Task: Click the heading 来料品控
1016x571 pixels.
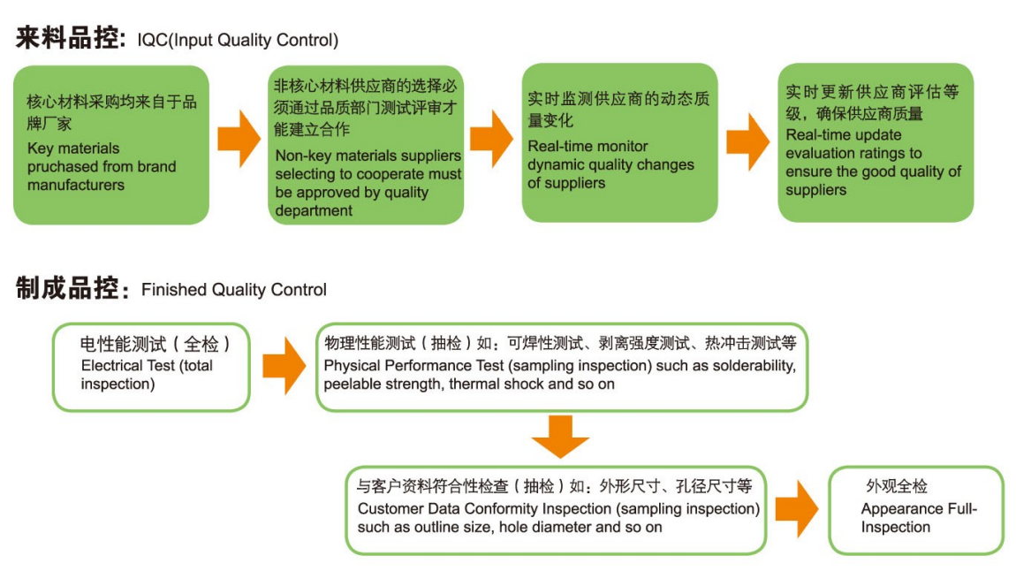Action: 69,39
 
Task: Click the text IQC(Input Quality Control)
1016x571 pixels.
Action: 238,41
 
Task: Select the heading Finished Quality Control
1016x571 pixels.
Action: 234,290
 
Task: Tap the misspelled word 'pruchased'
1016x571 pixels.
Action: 59,166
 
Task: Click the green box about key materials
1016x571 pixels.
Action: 111,144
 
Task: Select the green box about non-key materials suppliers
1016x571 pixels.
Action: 366,144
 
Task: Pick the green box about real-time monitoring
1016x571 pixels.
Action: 619,142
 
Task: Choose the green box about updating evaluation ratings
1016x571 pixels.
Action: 875,141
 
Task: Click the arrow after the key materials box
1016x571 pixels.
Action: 239,140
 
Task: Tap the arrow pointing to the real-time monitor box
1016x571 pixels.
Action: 492,140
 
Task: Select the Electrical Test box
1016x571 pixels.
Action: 151,366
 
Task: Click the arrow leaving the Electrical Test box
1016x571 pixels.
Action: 284,365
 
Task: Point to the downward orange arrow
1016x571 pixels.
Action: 560,436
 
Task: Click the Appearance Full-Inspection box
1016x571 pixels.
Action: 916,510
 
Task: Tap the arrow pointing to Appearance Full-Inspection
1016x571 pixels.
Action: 796,509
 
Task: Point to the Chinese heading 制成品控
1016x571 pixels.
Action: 69,289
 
